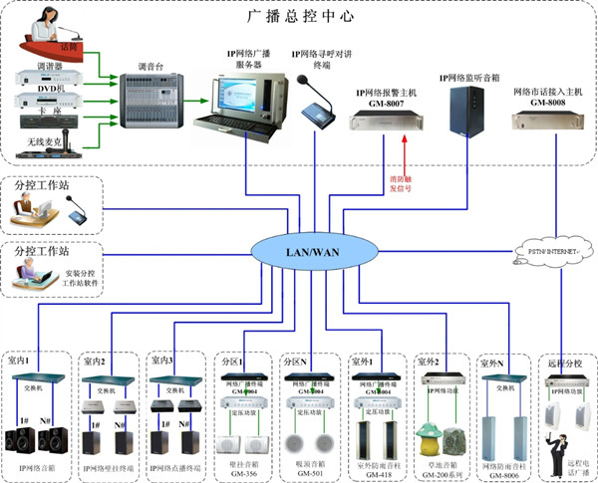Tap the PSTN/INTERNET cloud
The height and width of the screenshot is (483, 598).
point(546,252)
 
